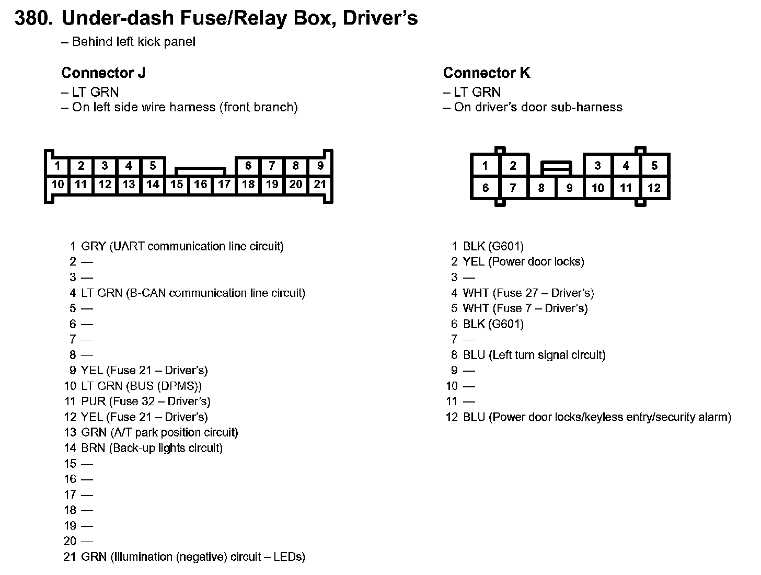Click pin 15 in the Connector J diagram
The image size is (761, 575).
click(177, 184)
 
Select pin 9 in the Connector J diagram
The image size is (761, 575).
click(320, 166)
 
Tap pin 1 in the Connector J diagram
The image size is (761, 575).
click(57, 166)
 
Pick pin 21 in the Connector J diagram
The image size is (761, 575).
click(320, 184)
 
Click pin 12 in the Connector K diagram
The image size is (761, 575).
click(654, 188)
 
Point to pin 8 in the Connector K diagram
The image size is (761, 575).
click(541, 188)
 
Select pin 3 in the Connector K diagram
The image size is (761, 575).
click(597, 166)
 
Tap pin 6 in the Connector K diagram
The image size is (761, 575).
click(485, 188)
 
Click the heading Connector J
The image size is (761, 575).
click(103, 73)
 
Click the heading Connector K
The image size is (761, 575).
click(487, 73)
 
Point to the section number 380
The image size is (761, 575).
click(34, 19)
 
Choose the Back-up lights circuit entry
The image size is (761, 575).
click(165, 448)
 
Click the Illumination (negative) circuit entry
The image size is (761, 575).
click(192, 557)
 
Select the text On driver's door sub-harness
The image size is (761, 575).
click(538, 107)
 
